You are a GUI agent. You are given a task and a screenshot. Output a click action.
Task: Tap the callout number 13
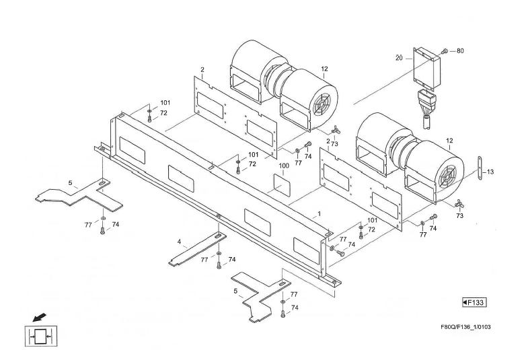point(490,172)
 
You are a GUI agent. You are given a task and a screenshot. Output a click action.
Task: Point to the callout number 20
point(399,59)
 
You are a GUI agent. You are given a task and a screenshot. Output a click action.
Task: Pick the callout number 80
point(460,51)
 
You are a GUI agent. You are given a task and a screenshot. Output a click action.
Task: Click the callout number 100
point(284,166)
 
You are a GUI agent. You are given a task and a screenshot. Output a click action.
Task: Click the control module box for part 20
point(425,67)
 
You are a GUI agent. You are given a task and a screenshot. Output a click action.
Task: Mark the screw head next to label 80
point(445,51)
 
